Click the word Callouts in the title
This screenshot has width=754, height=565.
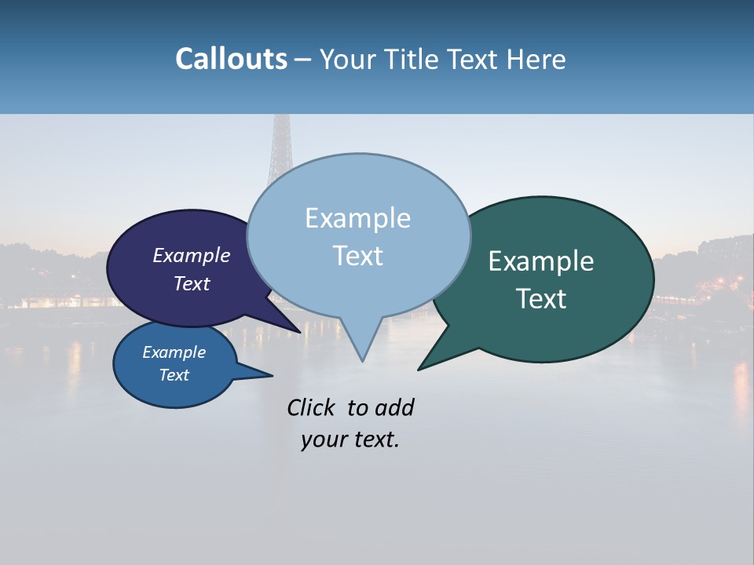(x=231, y=59)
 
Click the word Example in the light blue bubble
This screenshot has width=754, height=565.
(x=357, y=218)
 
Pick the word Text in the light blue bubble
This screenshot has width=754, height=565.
(x=357, y=256)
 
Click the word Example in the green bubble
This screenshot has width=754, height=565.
(x=541, y=261)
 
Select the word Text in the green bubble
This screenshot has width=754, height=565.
(x=541, y=299)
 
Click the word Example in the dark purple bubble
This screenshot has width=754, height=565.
(x=192, y=255)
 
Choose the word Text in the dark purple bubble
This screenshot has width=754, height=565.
(x=192, y=283)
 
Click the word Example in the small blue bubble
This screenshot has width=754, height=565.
(x=174, y=352)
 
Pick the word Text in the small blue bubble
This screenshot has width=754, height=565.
(x=174, y=375)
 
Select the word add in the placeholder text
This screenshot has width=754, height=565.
(x=394, y=408)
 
